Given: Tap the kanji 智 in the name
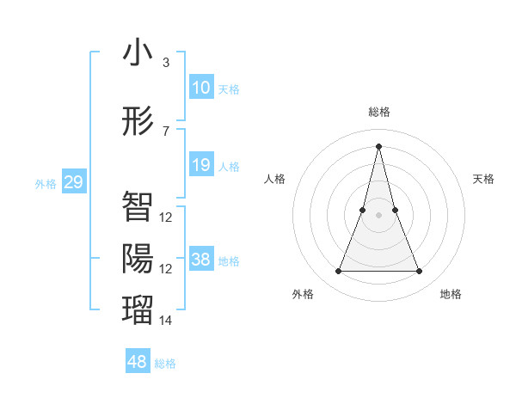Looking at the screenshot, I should [138, 205].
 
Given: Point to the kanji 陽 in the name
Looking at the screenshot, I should [138, 258].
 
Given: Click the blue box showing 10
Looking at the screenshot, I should [201, 88].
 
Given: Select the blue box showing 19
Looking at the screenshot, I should [201, 165].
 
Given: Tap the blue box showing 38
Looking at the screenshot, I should [201, 260].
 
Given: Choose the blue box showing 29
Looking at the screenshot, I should [73, 182].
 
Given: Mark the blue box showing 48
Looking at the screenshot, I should [138, 362].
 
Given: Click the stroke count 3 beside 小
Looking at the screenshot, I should [165, 63].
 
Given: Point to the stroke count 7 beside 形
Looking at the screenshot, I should [165, 131].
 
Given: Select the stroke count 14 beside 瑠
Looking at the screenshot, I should [166, 320].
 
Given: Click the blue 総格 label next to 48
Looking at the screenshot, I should [165, 364].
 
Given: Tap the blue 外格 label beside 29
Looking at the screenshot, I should [46, 184].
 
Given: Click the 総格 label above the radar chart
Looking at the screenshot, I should [378, 112].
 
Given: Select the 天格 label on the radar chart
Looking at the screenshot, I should [484, 179].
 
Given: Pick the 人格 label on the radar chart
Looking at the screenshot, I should [274, 179].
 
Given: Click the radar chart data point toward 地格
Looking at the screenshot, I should [420, 272].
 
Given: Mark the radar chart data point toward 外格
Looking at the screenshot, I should [338, 272].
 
